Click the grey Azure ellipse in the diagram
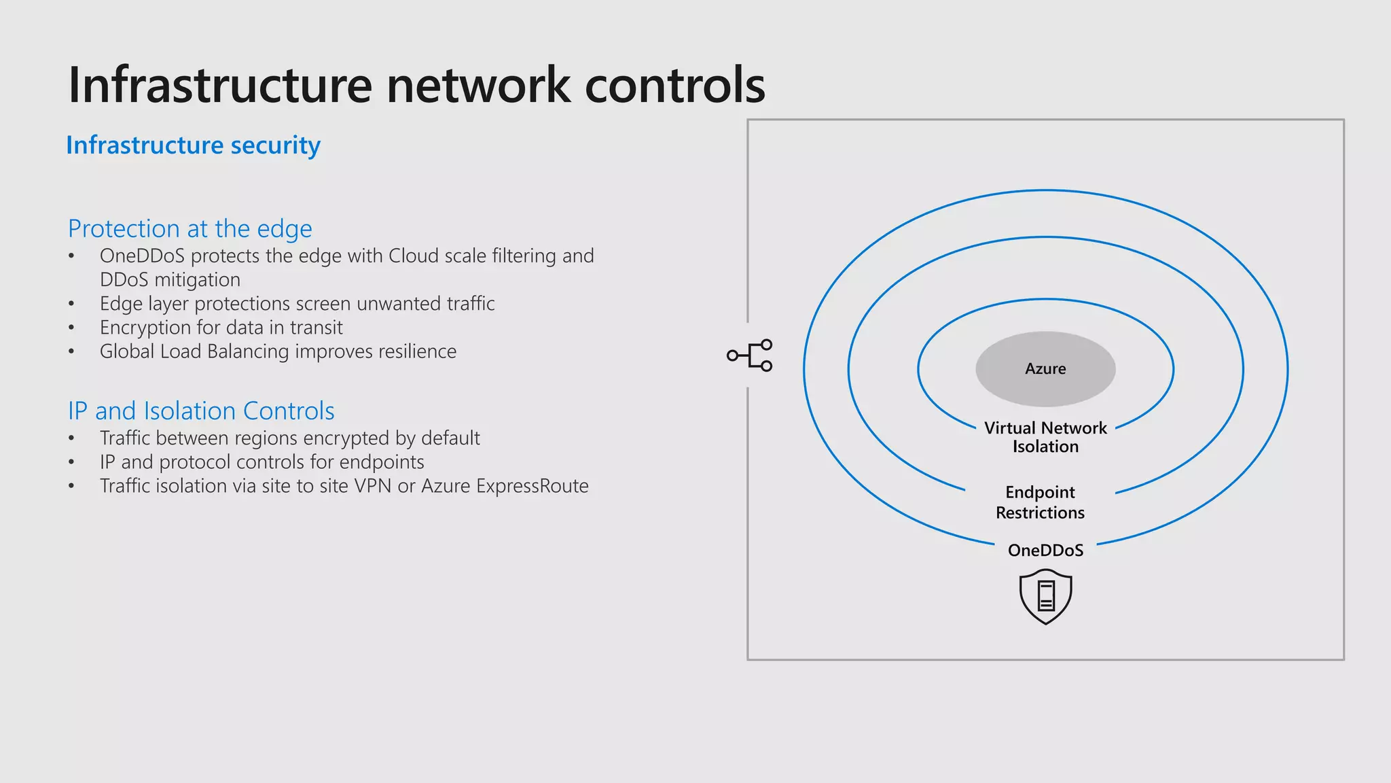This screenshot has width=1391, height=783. click(1045, 368)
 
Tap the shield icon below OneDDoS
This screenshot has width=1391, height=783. click(1045, 596)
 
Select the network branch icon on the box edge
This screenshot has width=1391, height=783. click(750, 355)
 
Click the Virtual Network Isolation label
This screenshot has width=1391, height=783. click(1045, 437)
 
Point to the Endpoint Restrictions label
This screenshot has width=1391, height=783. click(1040, 502)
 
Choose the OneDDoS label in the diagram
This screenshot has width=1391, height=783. click(1045, 550)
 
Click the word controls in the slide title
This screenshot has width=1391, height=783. click(674, 85)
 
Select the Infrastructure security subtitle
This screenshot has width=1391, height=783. click(193, 145)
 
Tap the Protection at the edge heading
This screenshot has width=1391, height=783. click(190, 228)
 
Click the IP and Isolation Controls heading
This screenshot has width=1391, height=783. click(201, 411)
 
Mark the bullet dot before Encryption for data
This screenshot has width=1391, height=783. click(71, 328)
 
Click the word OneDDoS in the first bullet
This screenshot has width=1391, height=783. click(142, 256)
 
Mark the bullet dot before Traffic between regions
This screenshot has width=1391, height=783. click(71, 438)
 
